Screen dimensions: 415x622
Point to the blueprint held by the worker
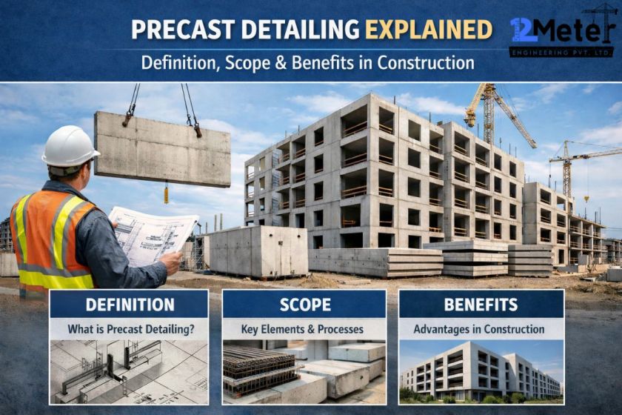tap(152, 234)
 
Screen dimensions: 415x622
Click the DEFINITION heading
tap(130, 305)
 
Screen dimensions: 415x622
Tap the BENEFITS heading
tap(481, 305)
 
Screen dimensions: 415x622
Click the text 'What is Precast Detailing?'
tap(130, 329)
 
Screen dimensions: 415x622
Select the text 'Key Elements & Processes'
tap(304, 329)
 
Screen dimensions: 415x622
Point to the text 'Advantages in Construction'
tap(479, 329)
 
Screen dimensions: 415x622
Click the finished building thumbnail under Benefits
tap(481, 371)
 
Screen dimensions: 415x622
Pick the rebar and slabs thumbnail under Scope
tap(304, 371)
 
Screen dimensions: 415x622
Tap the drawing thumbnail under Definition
tap(130, 371)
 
